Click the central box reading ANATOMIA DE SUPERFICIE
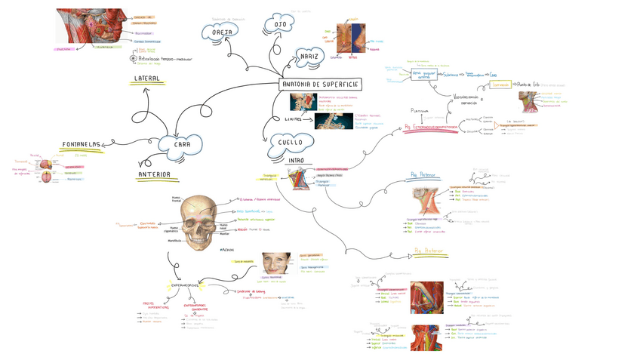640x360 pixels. click(320, 85)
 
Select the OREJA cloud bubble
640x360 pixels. click(220, 31)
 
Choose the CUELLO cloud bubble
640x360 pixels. click(290, 142)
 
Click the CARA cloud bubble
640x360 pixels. click(182, 144)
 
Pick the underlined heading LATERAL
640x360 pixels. click(146, 78)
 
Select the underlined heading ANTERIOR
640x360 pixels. click(154, 175)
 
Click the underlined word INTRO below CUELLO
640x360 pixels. click(296, 161)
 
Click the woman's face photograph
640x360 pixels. click(275, 264)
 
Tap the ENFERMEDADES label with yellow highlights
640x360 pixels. click(184, 285)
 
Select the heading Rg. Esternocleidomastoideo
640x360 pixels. click(431, 128)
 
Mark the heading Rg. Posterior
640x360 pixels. click(429, 251)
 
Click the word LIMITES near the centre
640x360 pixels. click(294, 118)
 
